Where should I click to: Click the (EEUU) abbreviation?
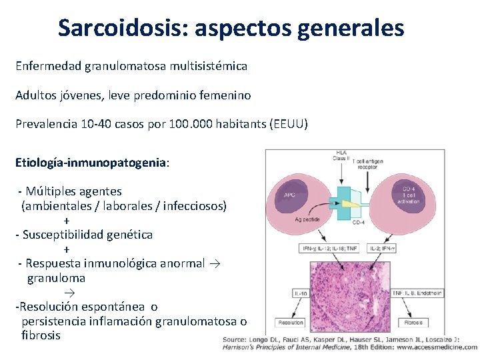coord(287,124)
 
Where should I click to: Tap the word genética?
coord(127,235)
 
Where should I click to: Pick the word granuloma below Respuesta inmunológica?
coord(56,278)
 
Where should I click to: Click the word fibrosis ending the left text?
coord(41,335)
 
